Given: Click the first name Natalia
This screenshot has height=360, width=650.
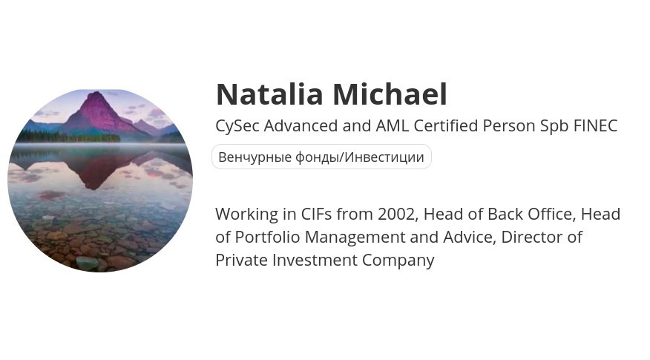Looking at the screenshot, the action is (269, 94).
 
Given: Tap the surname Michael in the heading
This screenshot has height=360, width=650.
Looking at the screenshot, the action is (390, 94).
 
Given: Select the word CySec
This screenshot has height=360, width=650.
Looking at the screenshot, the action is (237, 126).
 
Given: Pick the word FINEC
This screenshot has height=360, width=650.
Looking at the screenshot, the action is (595, 125).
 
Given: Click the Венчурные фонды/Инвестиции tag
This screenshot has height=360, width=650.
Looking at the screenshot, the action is (321, 157).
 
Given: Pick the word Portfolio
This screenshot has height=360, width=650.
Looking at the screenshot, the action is (267, 237).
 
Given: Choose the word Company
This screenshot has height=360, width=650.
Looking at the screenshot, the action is (398, 261).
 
